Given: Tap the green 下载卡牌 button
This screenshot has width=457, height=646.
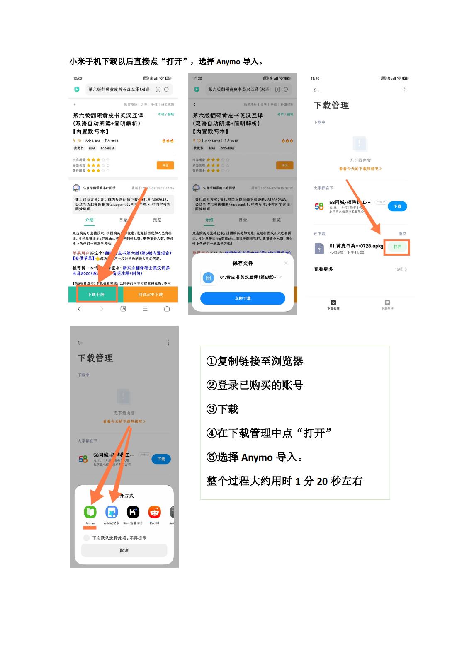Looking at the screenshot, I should [96, 294].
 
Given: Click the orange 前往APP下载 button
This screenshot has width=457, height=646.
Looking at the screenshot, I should [151, 294].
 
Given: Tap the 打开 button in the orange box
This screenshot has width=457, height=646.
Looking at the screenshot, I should [397, 247].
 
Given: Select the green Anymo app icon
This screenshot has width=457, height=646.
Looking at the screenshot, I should [90, 512].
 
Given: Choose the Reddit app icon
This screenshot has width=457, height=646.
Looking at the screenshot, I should [155, 512].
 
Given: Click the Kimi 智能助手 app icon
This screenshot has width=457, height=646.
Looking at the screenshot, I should [133, 512].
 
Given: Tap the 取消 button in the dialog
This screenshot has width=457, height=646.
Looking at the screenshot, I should [124, 550].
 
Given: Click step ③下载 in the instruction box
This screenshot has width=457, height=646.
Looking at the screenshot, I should [223, 409].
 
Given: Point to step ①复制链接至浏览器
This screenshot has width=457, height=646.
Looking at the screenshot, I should [255, 361].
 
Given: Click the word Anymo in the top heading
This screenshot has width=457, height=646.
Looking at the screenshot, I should [228, 62].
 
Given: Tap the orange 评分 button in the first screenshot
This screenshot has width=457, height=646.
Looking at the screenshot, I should [165, 165].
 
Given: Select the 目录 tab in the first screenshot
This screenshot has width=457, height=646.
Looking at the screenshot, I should [123, 220].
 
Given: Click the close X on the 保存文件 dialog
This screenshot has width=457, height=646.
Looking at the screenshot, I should [286, 263].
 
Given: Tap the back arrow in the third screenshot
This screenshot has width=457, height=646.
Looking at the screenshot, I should [316, 90].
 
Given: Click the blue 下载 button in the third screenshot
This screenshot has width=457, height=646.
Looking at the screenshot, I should [397, 206].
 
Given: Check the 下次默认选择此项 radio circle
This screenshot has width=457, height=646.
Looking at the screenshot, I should [86, 538].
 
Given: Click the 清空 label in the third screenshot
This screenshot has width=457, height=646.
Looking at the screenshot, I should [402, 234].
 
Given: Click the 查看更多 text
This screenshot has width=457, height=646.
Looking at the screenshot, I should [323, 269].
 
